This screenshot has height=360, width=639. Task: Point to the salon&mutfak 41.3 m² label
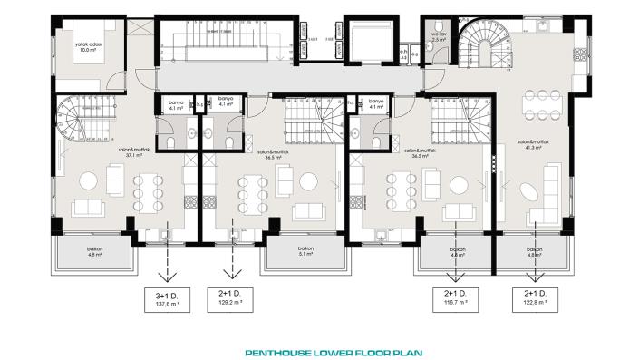click(x=530, y=144)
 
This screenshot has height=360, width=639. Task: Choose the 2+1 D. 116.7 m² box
click(x=456, y=300)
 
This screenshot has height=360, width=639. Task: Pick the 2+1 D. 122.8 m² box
click(x=533, y=300)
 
